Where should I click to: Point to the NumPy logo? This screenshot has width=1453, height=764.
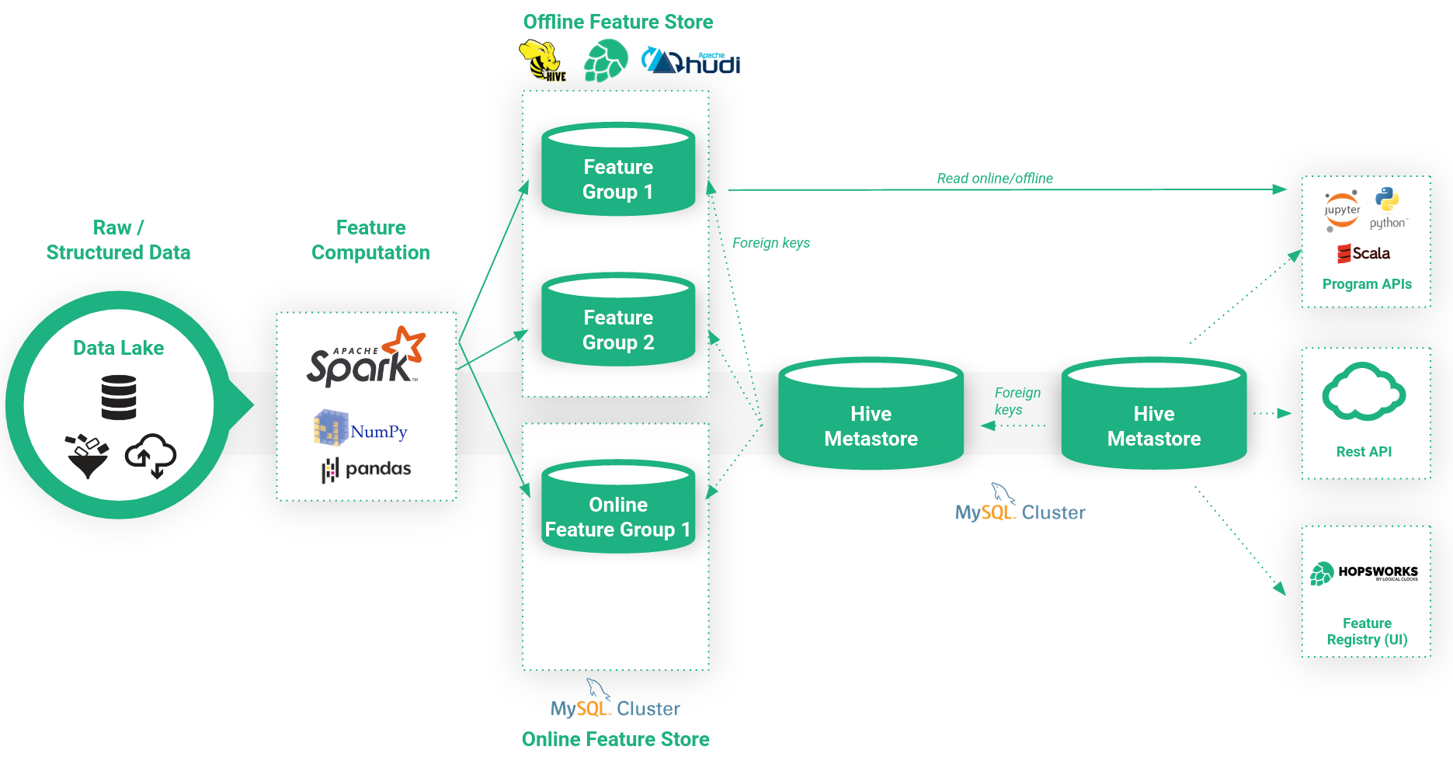(x=360, y=429)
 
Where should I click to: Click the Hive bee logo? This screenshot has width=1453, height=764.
(x=542, y=61)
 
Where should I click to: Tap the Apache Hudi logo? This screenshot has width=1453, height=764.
(x=690, y=61)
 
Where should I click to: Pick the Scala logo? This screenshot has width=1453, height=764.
(x=1364, y=253)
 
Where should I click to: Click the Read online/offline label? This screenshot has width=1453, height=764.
(x=995, y=179)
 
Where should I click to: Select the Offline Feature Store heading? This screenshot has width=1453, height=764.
(x=618, y=22)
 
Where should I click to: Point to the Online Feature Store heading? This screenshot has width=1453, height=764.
(x=615, y=739)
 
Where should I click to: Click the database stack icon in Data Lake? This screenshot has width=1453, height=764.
(x=119, y=397)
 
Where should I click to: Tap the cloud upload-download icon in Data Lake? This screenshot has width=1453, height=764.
(x=151, y=456)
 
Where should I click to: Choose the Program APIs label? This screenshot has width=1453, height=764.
(x=1367, y=284)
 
